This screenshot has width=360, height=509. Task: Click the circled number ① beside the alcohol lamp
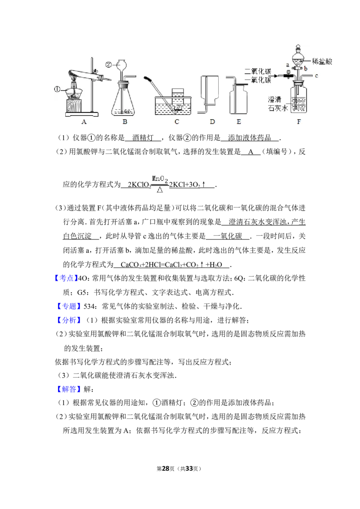(x=57, y=89)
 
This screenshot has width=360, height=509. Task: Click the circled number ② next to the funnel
(x=108, y=65)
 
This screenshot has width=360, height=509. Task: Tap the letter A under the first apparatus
(x=84, y=122)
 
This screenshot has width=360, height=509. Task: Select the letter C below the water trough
(x=177, y=122)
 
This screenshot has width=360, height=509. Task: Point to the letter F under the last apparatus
(x=299, y=122)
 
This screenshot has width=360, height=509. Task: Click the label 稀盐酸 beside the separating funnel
(x=322, y=61)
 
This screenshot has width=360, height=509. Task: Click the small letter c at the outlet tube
(x=316, y=76)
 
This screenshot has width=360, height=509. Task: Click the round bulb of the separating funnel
(x=298, y=60)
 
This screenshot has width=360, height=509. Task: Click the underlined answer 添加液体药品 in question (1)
(x=250, y=138)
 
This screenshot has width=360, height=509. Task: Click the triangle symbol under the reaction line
(x=160, y=190)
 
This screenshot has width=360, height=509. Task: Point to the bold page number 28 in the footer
(x=166, y=469)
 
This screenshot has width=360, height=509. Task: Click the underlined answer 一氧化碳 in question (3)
(x=227, y=236)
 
